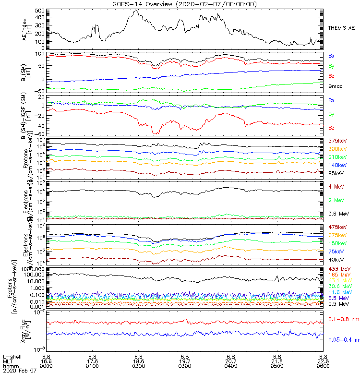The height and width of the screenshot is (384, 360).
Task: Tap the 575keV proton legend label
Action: coord(337,140)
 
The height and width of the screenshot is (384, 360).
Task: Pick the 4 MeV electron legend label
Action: coord(335,186)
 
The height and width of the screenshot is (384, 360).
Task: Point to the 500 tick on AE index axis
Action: coord(40,10)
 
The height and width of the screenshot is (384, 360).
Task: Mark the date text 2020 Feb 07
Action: coord(17,372)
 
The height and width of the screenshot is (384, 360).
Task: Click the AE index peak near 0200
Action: coord(136,10)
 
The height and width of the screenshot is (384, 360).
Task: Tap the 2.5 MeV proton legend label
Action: coord(338,304)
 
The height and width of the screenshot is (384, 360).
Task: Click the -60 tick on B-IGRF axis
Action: coord(41,134)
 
